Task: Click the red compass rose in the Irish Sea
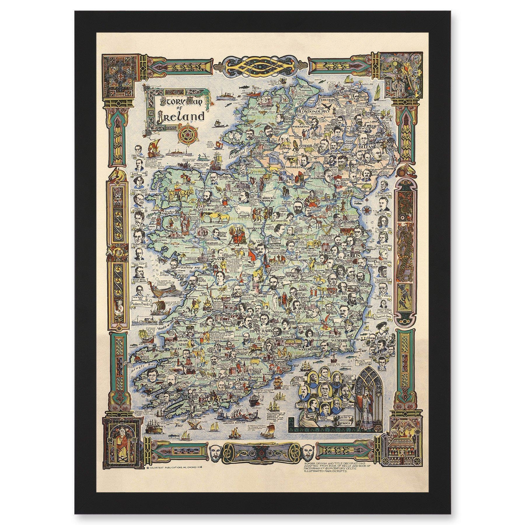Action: [365, 209]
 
